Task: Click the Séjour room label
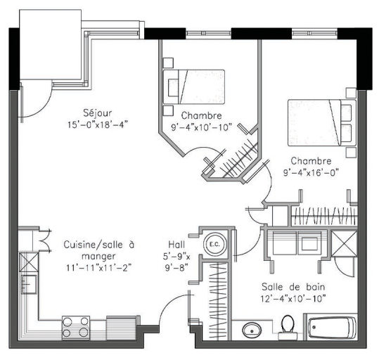point(98,113)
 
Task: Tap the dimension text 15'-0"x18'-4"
point(98,124)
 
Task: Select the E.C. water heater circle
point(214,244)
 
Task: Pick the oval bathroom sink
point(252,330)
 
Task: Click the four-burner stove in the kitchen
point(76,328)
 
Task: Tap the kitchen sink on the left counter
point(29,284)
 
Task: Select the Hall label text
point(176,245)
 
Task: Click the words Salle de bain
point(293,287)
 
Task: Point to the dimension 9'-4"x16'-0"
point(311,173)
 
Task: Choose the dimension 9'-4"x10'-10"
point(202,127)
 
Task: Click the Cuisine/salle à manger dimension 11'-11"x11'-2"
point(99,268)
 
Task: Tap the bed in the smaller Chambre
point(194,87)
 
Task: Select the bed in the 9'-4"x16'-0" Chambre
point(322,122)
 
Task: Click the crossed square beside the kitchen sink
point(29,262)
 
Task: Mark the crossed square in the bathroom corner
point(344,243)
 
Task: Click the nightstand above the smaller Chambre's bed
point(168,63)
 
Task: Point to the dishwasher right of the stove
point(121,328)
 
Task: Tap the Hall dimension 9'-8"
point(176,268)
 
